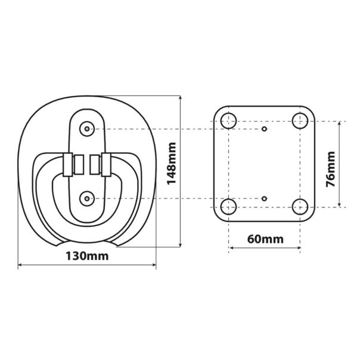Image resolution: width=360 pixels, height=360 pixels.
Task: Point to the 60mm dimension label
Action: pyautogui.click(x=265, y=240)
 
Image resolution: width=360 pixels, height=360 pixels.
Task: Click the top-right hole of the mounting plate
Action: pyautogui.click(x=300, y=121)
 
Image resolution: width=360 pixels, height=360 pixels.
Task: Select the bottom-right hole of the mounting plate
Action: pyautogui.click(x=300, y=207)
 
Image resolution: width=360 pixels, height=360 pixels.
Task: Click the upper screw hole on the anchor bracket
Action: pyautogui.click(x=88, y=129)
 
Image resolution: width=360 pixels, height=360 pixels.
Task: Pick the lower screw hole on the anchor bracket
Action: pyautogui.click(x=88, y=197)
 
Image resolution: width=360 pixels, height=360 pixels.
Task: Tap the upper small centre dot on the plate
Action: pyautogui.click(x=265, y=129)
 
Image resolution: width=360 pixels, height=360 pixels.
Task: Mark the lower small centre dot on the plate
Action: pyautogui.click(x=265, y=197)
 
